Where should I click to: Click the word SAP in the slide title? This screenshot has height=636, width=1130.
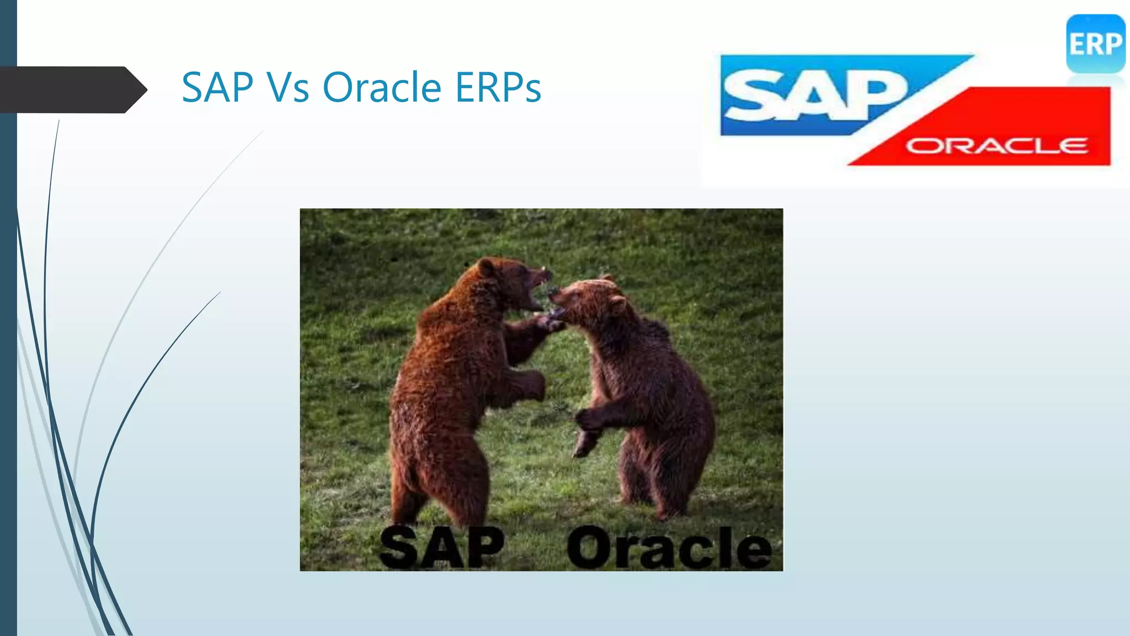(x=217, y=87)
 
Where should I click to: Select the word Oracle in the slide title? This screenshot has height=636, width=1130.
(x=382, y=87)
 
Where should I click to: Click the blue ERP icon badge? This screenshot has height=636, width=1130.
(x=1095, y=44)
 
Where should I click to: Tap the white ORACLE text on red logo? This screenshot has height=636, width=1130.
(x=996, y=146)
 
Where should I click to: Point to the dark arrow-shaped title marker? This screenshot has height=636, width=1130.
(x=72, y=89)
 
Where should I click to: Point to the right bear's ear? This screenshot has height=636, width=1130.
(x=617, y=304)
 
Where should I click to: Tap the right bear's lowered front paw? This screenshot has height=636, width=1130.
(x=585, y=442)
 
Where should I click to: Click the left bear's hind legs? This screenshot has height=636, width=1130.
(x=436, y=486)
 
